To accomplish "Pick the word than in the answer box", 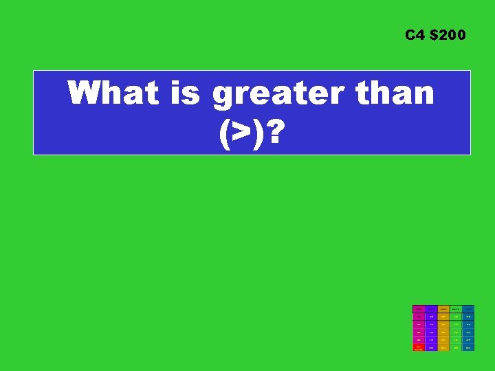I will tap(395, 93).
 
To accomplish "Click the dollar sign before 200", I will tap(432, 34).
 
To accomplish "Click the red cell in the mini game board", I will tap(418, 348).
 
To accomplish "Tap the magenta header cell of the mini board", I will tap(418, 309).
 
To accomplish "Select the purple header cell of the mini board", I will tap(431, 309).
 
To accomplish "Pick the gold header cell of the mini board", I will tap(443, 309).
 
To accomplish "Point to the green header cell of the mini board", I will tap(456, 309).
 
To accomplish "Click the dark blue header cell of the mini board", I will tap(468, 309).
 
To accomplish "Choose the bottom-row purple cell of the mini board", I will tap(431, 348).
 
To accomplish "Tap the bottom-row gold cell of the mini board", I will tap(443, 348).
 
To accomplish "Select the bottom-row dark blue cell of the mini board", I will tap(468, 348).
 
